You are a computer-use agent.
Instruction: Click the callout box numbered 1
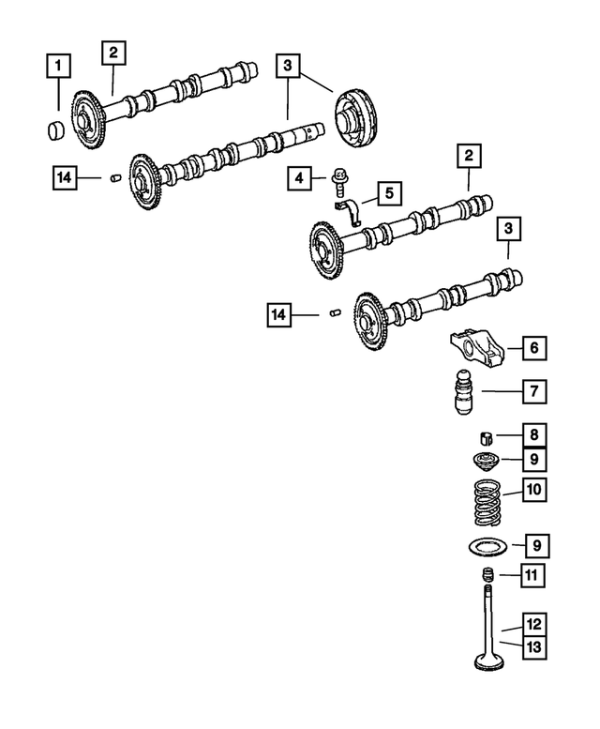coord(58,67)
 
